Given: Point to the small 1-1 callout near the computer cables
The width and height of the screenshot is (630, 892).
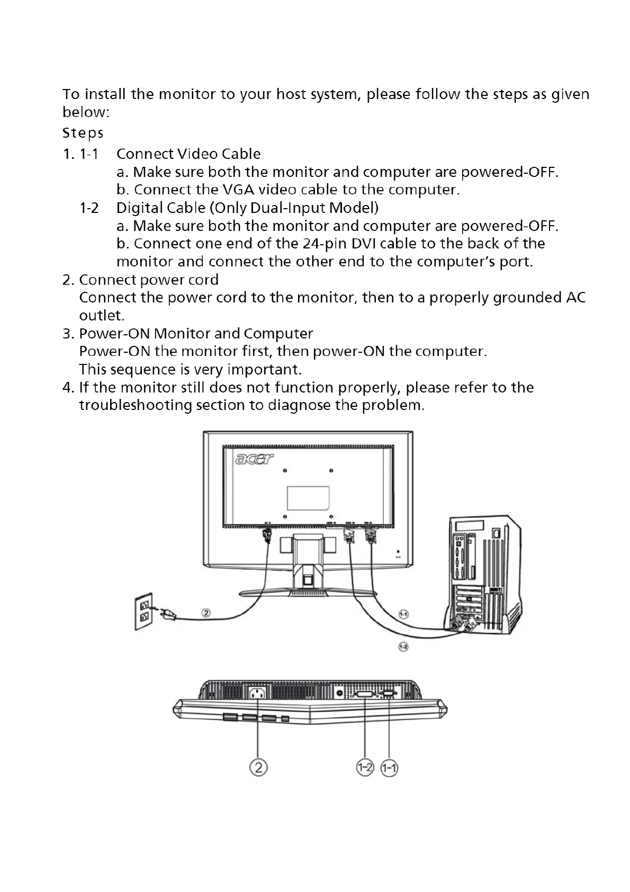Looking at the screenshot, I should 403,614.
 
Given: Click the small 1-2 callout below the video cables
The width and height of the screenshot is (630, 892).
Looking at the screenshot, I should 403,647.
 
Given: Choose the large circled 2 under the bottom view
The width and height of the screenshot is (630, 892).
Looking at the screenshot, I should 258,767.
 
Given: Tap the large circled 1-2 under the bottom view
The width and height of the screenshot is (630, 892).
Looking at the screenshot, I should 365,768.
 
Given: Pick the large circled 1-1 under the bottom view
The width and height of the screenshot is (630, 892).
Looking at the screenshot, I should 390,768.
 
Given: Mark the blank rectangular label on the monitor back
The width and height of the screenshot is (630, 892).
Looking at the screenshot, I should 308,498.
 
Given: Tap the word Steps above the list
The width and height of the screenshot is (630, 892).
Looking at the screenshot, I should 83,133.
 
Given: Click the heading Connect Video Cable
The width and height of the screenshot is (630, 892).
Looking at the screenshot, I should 188,154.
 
